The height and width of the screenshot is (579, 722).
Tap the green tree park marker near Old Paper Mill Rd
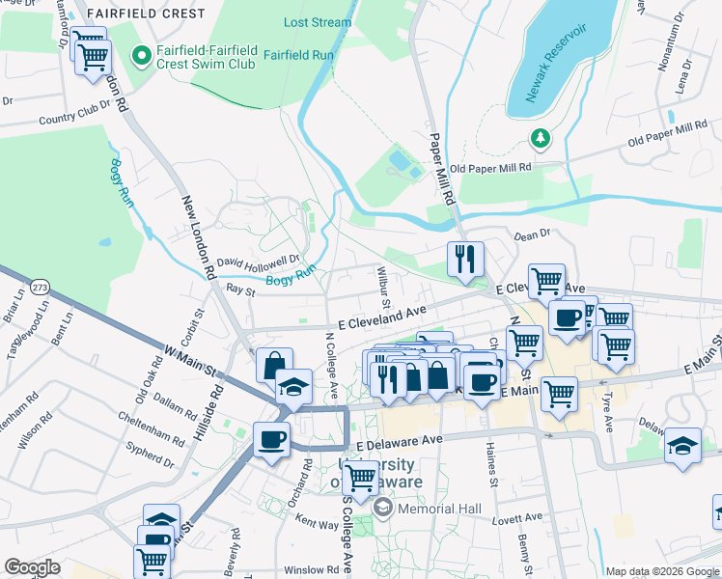pyautogui.click(x=541, y=138)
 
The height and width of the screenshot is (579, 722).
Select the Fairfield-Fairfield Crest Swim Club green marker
pyautogui.click(x=141, y=57)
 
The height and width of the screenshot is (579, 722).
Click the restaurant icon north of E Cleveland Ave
pyautogui.click(x=465, y=260)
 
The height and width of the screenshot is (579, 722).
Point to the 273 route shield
pyautogui.click(x=40, y=288)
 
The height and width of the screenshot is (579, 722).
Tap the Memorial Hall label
pyautogui.click(x=433, y=510)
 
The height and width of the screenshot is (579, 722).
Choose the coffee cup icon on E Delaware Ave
pyautogui.click(x=271, y=439)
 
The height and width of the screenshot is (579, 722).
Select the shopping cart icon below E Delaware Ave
pyautogui.click(x=360, y=477)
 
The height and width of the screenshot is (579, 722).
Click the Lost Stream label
pyautogui.click(x=318, y=22)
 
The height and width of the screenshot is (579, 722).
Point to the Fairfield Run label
pyautogui.click(x=298, y=55)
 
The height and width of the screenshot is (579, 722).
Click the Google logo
pyautogui.click(x=32, y=567)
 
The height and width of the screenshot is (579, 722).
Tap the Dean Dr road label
pyautogui.click(x=532, y=234)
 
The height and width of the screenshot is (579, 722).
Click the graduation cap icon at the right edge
pyautogui.click(x=682, y=445)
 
